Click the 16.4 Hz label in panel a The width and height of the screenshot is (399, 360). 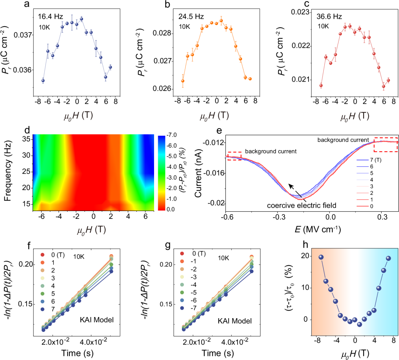point(50,17)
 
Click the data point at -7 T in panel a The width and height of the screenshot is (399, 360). point(43,81)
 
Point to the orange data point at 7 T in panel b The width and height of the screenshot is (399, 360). point(250,79)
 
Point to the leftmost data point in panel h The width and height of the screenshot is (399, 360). point(321,257)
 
